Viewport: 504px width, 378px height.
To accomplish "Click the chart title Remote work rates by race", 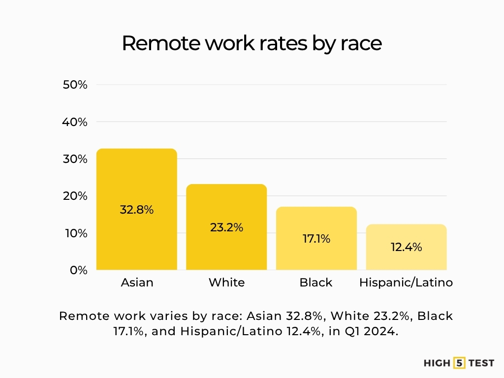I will coord(252,43).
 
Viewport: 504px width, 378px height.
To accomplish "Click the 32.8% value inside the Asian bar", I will coord(137,210).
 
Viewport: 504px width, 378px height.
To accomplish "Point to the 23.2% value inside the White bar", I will coord(226,228).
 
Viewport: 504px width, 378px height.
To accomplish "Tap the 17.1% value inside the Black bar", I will coord(316,239).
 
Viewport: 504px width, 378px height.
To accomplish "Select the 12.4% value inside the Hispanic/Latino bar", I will coord(406,247).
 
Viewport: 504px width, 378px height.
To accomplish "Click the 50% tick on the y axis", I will coord(75,85).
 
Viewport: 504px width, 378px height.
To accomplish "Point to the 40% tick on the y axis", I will coord(75,122).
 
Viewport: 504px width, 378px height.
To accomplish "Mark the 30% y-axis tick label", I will coord(75,159).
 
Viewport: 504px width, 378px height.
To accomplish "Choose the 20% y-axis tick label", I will coord(75,196).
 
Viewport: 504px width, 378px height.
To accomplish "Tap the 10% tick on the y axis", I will coord(75,233).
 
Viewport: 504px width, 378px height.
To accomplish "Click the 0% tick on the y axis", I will coord(78,270).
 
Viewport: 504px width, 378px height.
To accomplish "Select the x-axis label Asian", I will coord(137,283).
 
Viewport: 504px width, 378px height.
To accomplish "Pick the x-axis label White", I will coord(226,283).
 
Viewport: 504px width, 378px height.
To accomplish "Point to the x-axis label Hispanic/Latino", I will coord(406,283).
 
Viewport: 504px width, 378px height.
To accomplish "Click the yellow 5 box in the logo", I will coord(459,363).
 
